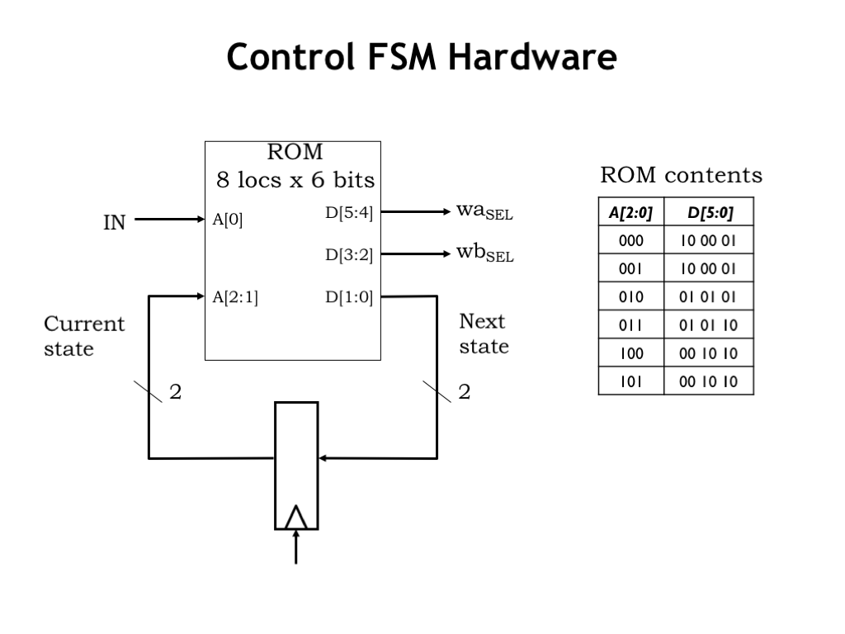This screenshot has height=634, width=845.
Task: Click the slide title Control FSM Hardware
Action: (x=422, y=58)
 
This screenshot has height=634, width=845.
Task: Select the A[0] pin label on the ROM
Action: (x=228, y=220)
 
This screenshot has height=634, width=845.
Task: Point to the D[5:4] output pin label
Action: (x=349, y=213)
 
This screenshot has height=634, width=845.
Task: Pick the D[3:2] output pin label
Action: (x=349, y=255)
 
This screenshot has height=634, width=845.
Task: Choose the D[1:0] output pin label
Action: (x=349, y=298)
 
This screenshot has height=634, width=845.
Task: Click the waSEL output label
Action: (x=484, y=211)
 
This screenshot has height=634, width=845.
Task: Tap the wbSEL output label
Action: (x=484, y=253)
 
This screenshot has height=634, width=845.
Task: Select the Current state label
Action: (x=83, y=334)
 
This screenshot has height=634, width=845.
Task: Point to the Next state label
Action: (x=484, y=334)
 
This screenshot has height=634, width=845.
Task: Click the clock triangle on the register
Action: (x=296, y=517)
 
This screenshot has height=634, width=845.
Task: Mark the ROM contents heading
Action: (x=681, y=175)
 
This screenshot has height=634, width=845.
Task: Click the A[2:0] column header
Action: (x=630, y=213)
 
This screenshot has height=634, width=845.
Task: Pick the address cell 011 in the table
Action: (x=630, y=325)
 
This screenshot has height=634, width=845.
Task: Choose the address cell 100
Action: (x=630, y=353)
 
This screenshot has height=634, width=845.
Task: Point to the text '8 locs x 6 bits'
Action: (x=295, y=179)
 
